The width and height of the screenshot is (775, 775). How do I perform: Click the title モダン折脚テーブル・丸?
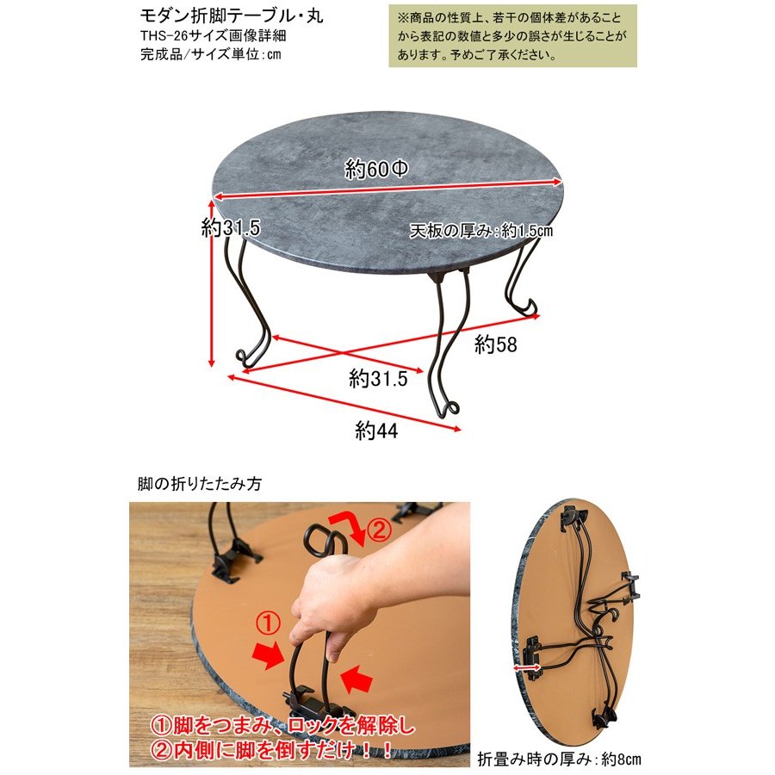pyautogui.click(x=232, y=15)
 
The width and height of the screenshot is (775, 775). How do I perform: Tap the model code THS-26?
pyautogui.click(x=161, y=35)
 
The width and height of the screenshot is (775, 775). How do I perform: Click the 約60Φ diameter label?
pyautogui.click(x=376, y=170)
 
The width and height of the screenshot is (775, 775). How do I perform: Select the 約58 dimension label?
pyautogui.click(x=495, y=344)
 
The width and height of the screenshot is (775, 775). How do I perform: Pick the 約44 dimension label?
pyautogui.click(x=376, y=431)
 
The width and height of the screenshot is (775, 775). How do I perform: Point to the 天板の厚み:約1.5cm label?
pyautogui.click(x=480, y=230)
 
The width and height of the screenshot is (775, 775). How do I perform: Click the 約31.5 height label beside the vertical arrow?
pyautogui.click(x=230, y=228)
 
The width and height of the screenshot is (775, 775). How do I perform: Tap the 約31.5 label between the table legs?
pyautogui.click(x=378, y=379)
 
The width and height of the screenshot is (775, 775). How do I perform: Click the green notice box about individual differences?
pyautogui.click(x=512, y=35)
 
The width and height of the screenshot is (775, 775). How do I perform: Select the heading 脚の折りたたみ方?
pyautogui.click(x=200, y=483)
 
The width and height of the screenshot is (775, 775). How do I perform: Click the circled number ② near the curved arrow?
pyautogui.click(x=380, y=530)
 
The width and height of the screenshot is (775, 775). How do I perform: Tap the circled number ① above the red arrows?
pyautogui.click(x=269, y=623)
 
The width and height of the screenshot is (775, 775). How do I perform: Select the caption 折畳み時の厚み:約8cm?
pyautogui.click(x=559, y=759)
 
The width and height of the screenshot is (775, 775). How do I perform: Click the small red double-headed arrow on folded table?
pyautogui.click(x=527, y=669)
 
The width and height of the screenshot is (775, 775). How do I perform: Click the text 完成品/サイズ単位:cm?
pyautogui.click(x=211, y=54)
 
